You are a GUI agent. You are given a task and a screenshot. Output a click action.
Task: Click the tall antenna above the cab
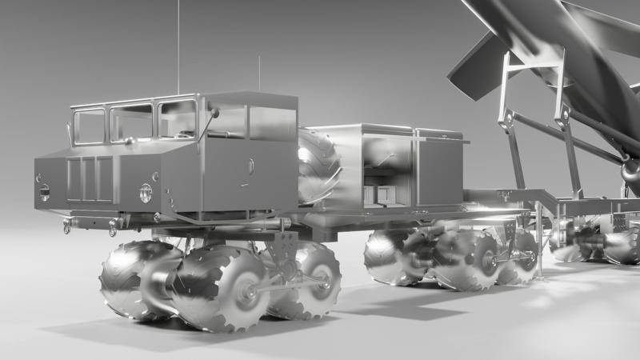(x=178, y=48)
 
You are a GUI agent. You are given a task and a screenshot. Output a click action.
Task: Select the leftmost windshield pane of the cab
(x=89, y=126)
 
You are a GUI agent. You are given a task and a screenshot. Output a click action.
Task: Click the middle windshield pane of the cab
(x=132, y=122)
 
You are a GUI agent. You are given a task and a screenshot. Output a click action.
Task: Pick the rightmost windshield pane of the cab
(x=177, y=119)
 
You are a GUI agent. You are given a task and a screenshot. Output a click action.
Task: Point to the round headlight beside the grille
(x=146, y=192)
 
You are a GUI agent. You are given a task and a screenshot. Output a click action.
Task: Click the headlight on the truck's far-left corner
(x=44, y=192)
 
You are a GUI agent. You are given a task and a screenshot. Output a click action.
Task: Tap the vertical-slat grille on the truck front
(x=89, y=178)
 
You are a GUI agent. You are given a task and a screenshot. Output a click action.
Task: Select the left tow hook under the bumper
(x=67, y=227)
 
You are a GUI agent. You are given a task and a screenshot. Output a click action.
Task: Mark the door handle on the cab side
(x=250, y=169)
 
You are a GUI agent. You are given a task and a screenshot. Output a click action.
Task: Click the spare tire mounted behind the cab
(x=318, y=166)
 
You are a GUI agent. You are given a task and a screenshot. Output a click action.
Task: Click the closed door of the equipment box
(x=438, y=172)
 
